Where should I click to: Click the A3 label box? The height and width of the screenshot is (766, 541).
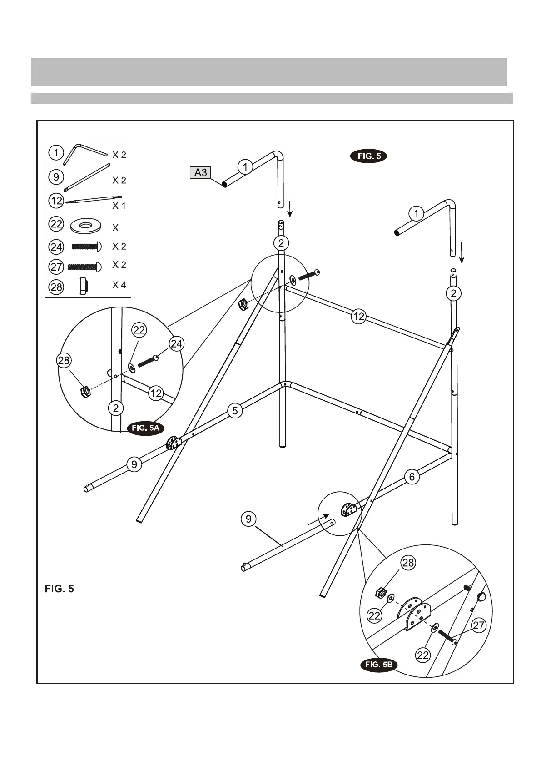(200, 172)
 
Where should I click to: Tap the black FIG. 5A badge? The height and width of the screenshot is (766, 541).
(145, 428)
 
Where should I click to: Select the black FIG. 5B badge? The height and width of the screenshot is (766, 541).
(378, 665)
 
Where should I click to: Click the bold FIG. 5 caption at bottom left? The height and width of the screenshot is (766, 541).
(60, 589)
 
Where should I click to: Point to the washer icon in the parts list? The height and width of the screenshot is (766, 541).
(86, 225)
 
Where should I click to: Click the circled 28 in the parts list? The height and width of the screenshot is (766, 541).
(56, 287)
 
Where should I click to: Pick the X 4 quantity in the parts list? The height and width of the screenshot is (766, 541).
(119, 285)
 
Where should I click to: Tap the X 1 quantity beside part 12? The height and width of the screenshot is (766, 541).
(119, 206)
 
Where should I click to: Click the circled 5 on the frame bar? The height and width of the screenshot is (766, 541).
(235, 411)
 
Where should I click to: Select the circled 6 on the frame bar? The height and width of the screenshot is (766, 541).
(412, 477)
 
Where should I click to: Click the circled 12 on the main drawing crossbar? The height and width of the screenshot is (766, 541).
(358, 316)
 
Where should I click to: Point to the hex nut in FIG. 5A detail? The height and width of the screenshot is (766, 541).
(85, 391)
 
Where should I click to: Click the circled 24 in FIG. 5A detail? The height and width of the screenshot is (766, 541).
(176, 344)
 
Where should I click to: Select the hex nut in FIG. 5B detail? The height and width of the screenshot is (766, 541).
(381, 593)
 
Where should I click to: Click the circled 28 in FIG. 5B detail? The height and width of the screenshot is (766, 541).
(408, 563)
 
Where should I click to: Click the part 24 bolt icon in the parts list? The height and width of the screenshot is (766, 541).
(87, 247)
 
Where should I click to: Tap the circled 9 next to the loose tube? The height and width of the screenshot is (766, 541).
(248, 519)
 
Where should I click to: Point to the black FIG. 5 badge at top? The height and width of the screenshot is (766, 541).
(368, 156)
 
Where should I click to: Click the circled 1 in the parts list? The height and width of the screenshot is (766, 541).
(56, 152)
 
